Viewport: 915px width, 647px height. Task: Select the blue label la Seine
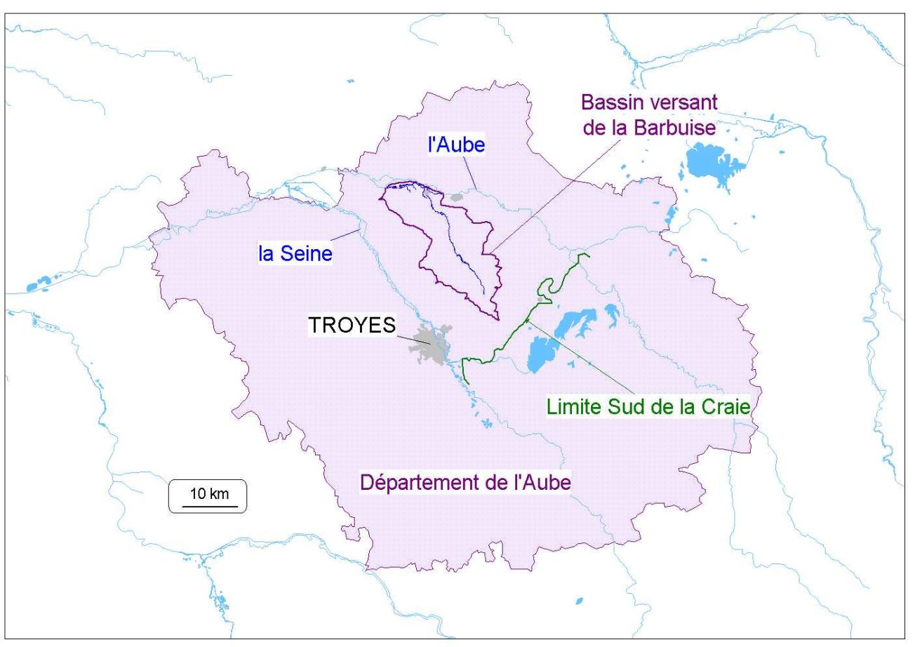point(295,253)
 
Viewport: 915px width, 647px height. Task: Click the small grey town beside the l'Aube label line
point(458,199)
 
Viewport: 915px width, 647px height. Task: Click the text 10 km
point(208,493)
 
